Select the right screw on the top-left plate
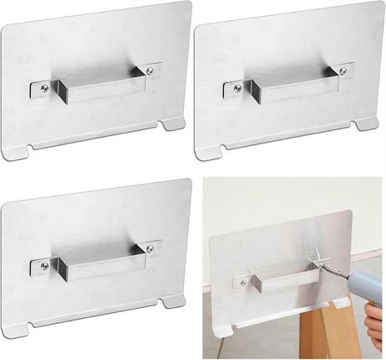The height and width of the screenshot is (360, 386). (x=149, y=70)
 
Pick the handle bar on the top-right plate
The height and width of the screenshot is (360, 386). (x=288, y=81)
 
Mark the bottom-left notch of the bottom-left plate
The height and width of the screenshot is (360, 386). (x=31, y=327)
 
